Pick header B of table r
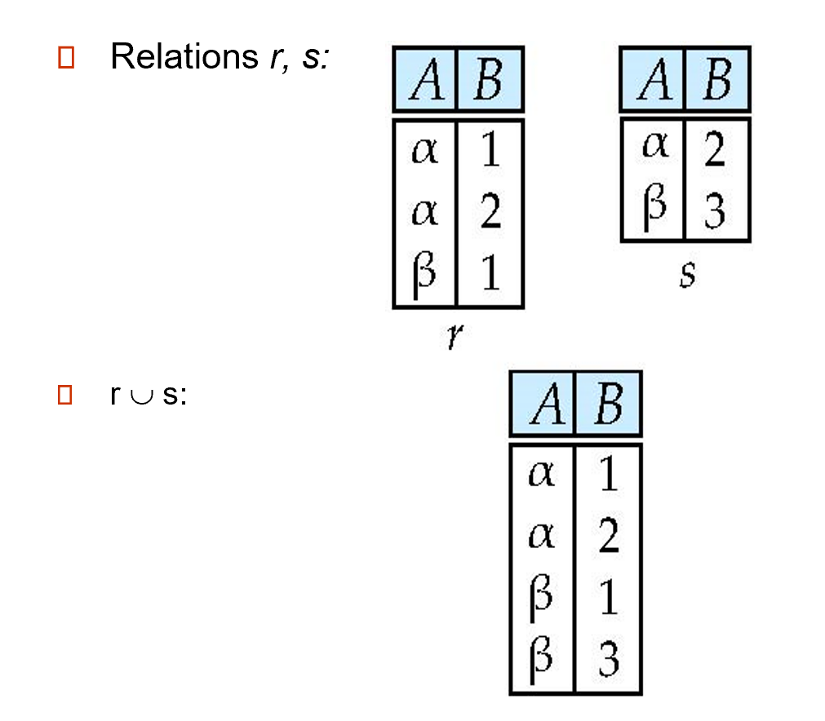488,79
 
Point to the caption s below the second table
687,273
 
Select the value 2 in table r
490,213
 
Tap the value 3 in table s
715,211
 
